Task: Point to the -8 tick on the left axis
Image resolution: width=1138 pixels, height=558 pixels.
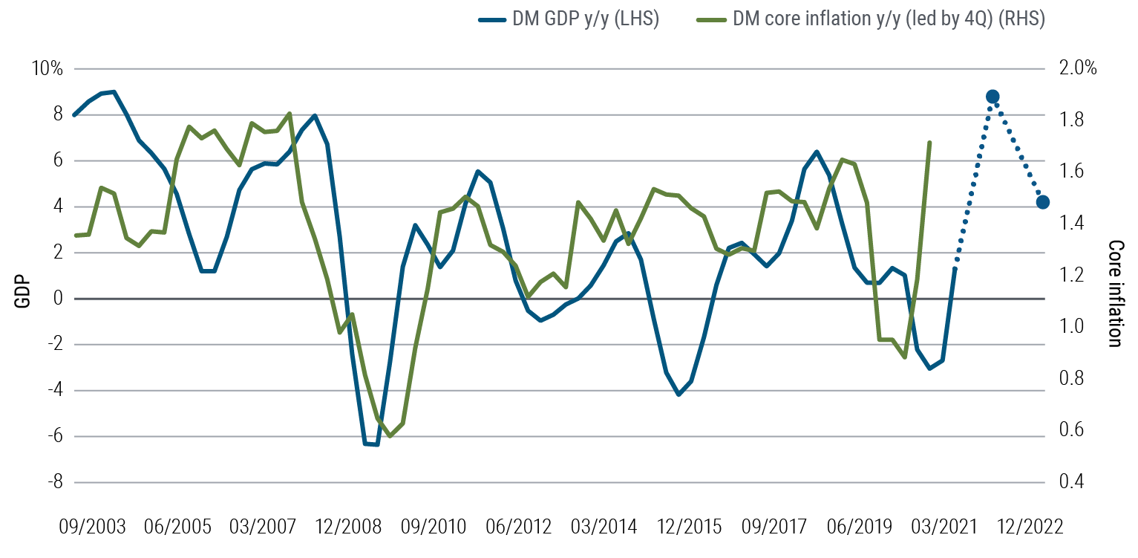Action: pos(54,482)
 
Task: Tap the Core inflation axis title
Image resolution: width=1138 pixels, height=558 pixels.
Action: pos(1114,293)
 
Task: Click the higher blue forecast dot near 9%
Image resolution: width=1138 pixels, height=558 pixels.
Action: pos(993,97)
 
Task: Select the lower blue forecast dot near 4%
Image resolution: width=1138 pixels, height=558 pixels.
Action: pos(1042,202)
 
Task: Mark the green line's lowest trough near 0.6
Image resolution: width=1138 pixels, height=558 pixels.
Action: pos(390,435)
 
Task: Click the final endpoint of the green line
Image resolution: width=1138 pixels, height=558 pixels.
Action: pos(929,142)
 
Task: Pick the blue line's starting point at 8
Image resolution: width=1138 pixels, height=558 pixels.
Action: pos(74,115)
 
